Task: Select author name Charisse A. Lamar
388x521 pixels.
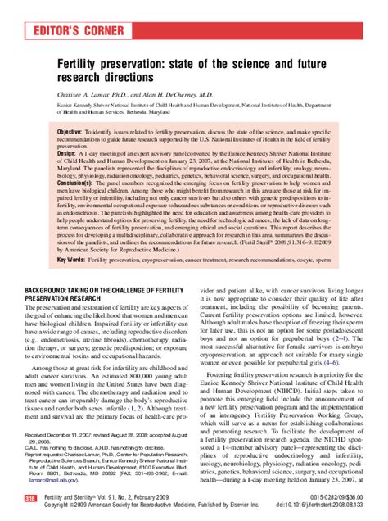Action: (x=87, y=94)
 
